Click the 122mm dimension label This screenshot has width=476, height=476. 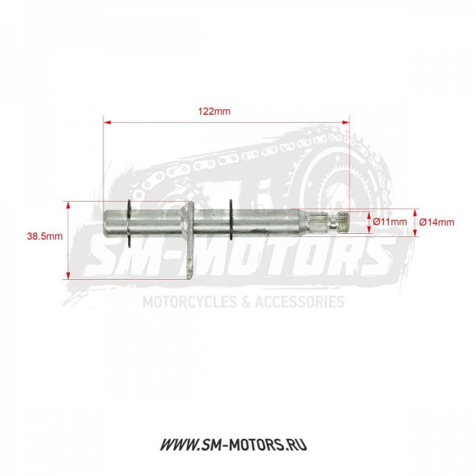click(x=214, y=111)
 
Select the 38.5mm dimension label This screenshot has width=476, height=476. click(x=44, y=236)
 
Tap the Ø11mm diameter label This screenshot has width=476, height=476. click(x=390, y=222)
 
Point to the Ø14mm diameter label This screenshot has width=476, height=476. click(x=437, y=222)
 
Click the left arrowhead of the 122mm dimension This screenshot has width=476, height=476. click(x=108, y=122)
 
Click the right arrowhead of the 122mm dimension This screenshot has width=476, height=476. click(x=346, y=122)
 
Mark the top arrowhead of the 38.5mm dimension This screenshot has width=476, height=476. click(x=68, y=205)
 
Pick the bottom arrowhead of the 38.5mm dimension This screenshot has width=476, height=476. click(x=68, y=275)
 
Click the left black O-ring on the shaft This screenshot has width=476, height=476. click(x=130, y=223)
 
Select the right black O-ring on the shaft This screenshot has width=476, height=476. click(x=231, y=219)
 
